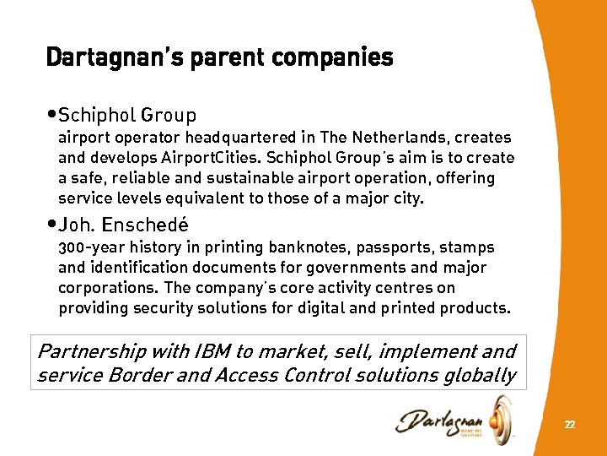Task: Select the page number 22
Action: coord(570,425)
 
